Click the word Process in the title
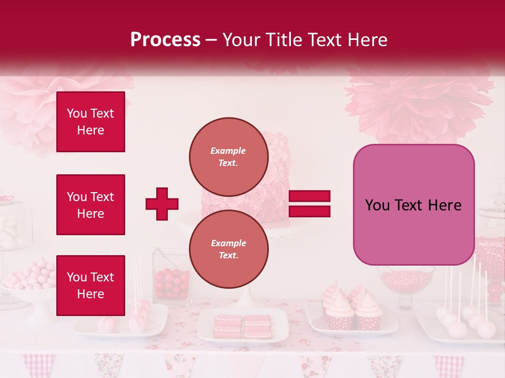(165, 40)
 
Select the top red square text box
(90, 122)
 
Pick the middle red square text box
(90, 205)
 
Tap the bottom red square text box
(90, 285)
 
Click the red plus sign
(162, 204)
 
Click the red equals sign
(309, 204)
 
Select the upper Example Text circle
(228, 156)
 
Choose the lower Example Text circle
(228, 249)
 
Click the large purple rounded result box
(413, 205)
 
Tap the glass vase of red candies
(171, 281)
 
